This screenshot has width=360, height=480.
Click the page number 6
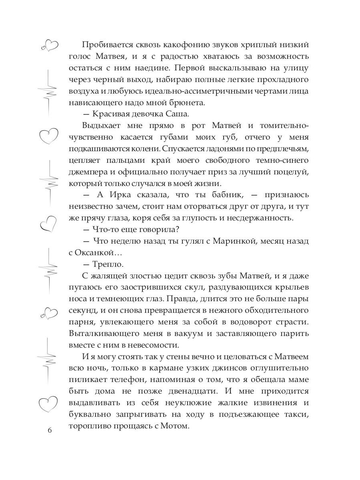point(50,430)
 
